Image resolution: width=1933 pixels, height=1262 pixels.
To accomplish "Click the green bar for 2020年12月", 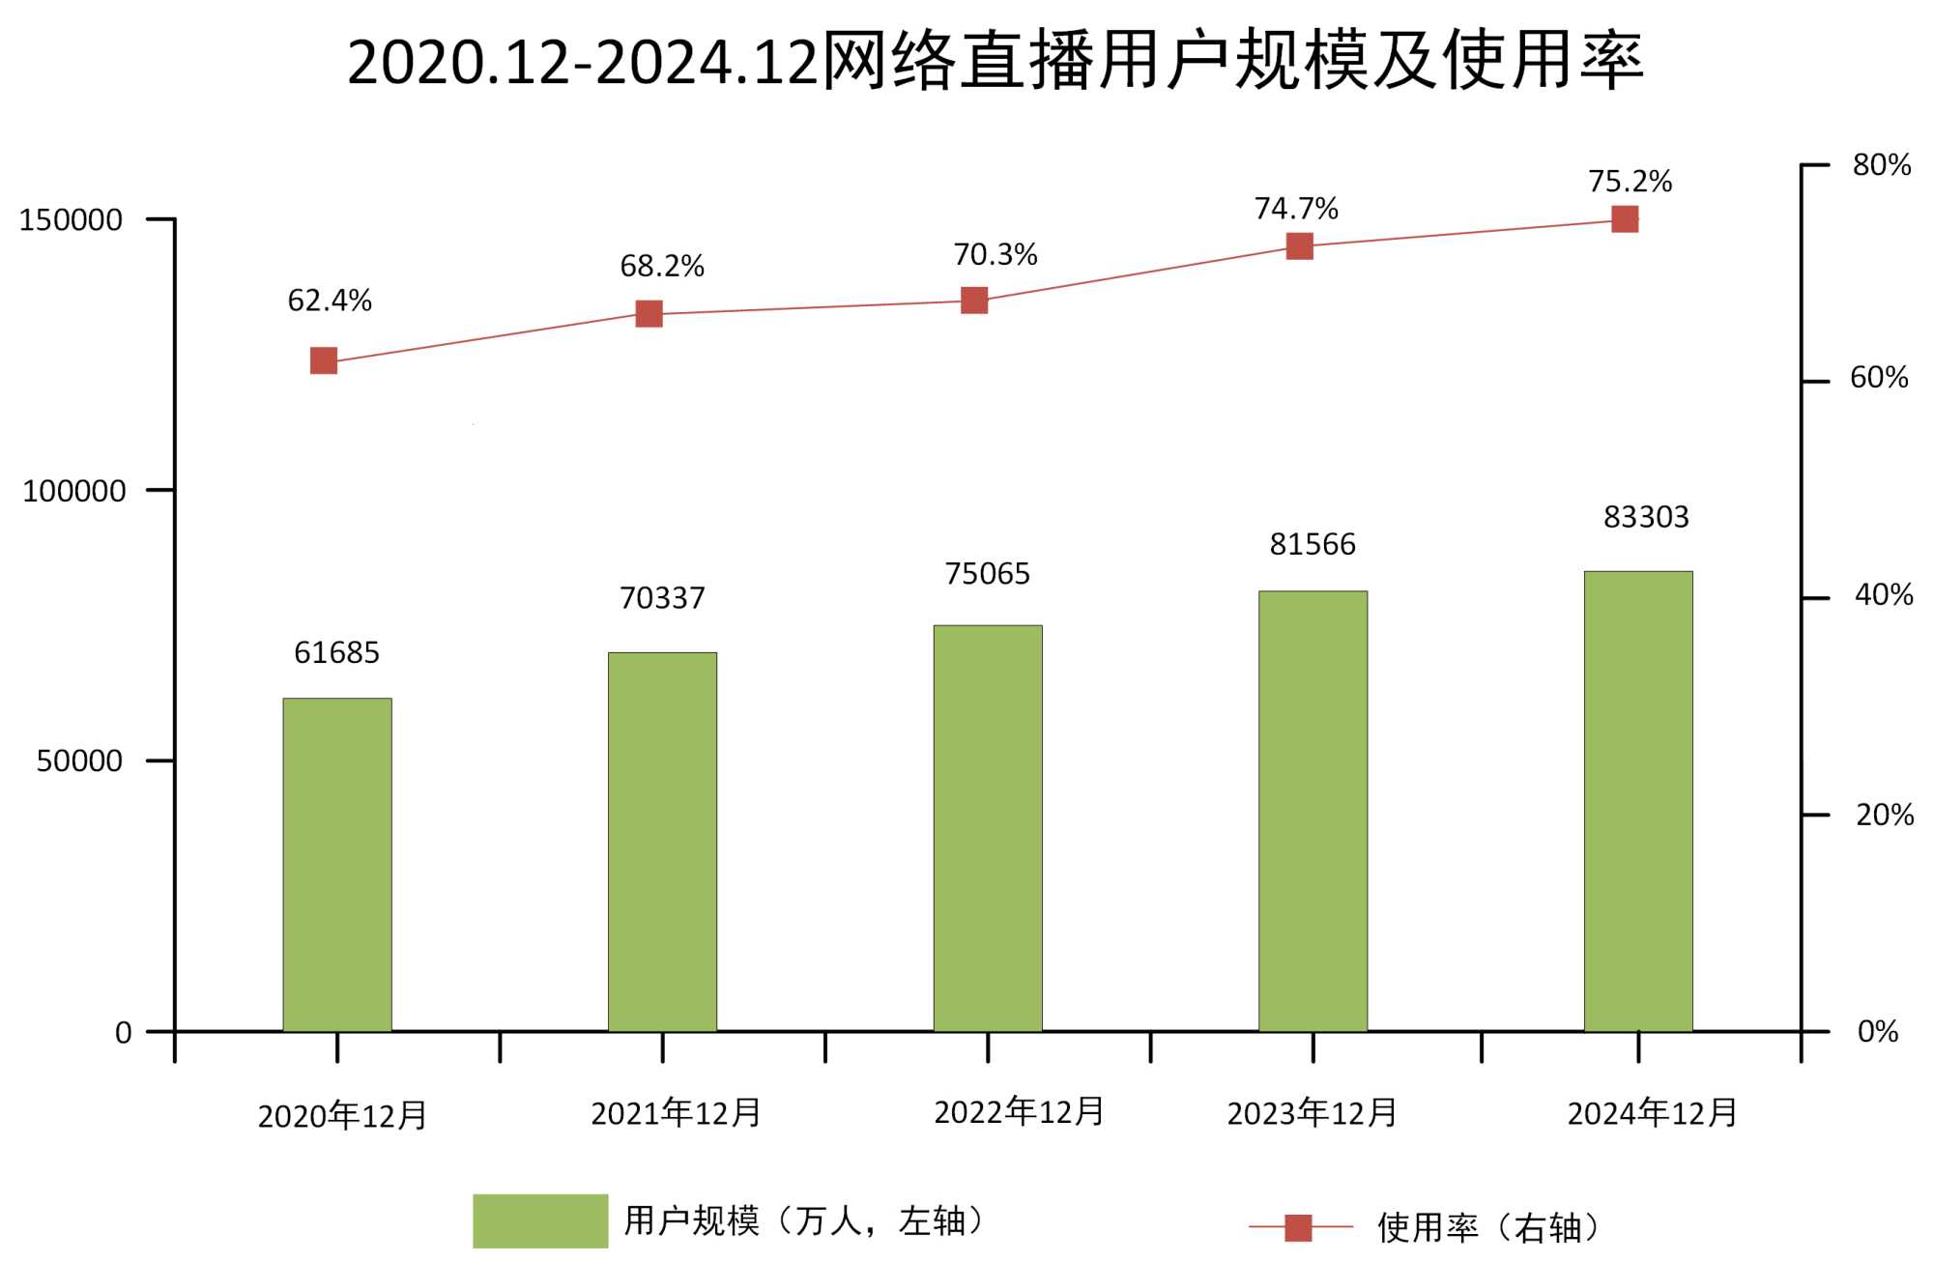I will (337, 865).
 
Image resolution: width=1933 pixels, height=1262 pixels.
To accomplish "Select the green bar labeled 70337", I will (662, 842).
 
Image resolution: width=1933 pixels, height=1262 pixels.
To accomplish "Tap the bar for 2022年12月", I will (988, 828).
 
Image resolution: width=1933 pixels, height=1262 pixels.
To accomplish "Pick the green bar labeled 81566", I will (1313, 811).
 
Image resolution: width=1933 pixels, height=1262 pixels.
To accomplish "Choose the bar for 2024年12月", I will (1638, 801).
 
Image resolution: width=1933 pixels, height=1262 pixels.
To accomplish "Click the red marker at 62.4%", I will (324, 360).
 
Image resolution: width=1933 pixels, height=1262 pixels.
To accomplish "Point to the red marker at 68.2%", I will (649, 314).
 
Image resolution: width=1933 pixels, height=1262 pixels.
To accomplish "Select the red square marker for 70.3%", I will (974, 301).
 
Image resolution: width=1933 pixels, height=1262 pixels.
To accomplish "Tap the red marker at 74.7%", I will (1300, 246).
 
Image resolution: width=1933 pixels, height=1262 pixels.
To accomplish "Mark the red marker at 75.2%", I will (1625, 219).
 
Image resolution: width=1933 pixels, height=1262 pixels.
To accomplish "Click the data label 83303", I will (1646, 518).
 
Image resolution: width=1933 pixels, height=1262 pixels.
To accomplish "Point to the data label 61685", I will (336, 653).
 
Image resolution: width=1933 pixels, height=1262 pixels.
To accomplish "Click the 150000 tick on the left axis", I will (71, 220).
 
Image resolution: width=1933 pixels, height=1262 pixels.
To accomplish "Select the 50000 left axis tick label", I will (79, 761).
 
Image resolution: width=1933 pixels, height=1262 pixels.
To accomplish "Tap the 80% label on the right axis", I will (1881, 165).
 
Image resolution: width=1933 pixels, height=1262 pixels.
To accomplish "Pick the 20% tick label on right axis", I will (1884, 816).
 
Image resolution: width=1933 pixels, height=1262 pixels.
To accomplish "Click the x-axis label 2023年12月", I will (1312, 1113).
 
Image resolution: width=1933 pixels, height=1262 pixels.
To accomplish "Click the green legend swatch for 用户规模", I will (539, 1220).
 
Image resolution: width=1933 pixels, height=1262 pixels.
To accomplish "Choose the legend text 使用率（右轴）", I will (1488, 1227).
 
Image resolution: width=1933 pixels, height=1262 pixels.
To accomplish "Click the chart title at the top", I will (995, 62).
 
